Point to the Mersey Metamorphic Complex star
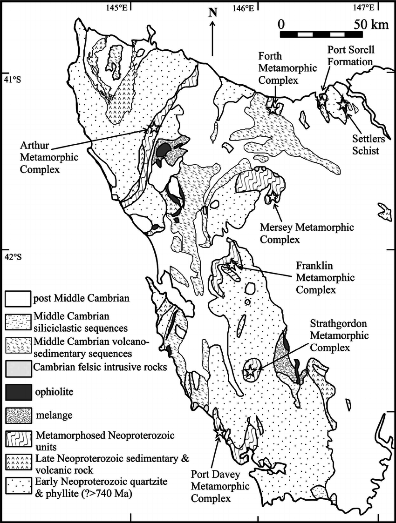(x=272, y=198)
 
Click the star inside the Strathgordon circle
(x=251, y=371)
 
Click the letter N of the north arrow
(x=213, y=12)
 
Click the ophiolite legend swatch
(x=18, y=391)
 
